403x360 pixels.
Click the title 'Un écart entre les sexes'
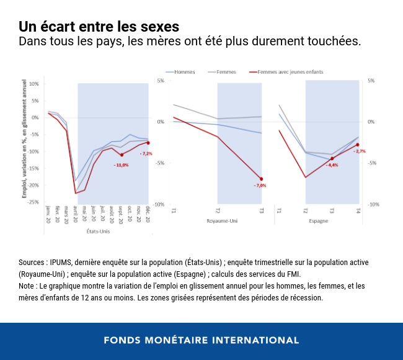coord(99,27)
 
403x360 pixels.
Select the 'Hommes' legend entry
coord(184,72)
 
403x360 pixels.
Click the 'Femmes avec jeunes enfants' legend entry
coord(290,72)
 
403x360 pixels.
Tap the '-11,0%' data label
coord(121,164)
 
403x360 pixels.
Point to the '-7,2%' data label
coord(146,153)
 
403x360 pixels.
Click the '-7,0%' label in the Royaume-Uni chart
coord(260,186)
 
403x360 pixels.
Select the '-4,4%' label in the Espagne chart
coord(332,165)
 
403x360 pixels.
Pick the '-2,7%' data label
coord(360,151)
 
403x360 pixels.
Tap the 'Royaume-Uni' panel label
coord(218,221)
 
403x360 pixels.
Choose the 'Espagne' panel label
coord(318,221)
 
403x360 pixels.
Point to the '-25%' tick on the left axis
coord(33,202)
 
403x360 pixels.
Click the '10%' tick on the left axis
coord(34,84)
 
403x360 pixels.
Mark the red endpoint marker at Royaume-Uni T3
coord(261,179)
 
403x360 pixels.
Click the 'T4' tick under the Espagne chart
coord(358,211)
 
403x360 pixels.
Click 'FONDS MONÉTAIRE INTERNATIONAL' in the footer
coord(201,340)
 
